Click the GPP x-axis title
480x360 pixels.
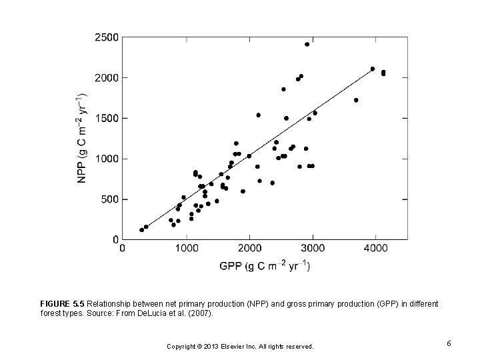265,265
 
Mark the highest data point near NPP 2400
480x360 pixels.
307,44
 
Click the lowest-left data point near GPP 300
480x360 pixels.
141,230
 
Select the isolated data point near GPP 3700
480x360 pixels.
356,100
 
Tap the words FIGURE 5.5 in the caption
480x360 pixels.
62,303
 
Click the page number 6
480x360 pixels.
449,343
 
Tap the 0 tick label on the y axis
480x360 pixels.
115,239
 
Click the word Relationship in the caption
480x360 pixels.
110,303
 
